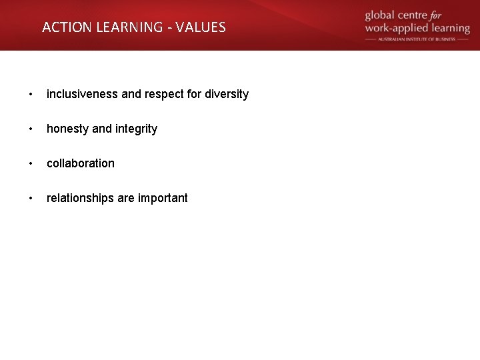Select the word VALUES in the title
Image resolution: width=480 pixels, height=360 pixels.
(x=202, y=27)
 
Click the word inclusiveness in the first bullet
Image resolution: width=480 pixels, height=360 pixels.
(x=82, y=94)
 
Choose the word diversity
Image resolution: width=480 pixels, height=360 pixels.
(x=227, y=94)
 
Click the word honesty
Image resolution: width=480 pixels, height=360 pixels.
(x=67, y=129)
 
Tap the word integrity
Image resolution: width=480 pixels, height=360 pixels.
(x=137, y=129)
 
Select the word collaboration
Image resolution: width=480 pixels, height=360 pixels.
(x=80, y=163)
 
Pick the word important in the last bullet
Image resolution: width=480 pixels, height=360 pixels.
(x=163, y=198)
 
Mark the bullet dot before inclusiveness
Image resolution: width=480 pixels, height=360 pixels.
(x=31, y=94)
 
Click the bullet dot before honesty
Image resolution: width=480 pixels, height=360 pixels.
(x=31, y=129)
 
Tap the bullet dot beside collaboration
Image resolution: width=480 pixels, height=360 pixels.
(x=31, y=163)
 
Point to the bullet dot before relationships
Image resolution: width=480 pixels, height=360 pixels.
(x=31, y=198)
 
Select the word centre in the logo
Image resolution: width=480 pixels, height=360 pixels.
(x=422, y=15)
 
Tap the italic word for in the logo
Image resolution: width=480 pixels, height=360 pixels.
(x=453, y=15)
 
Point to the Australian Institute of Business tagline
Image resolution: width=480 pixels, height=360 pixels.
(x=417, y=39)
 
